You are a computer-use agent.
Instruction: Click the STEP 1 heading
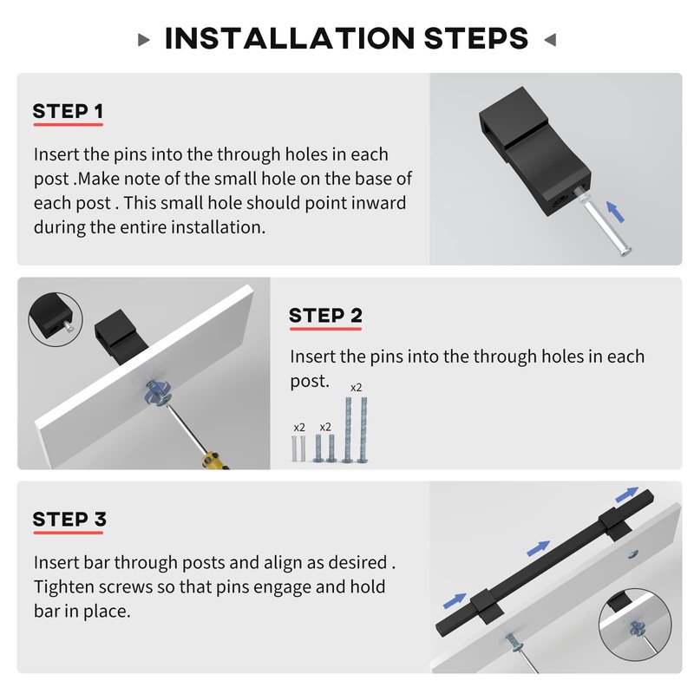(x=68, y=111)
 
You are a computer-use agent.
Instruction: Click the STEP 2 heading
(x=325, y=316)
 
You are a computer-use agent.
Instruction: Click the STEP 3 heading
(x=69, y=519)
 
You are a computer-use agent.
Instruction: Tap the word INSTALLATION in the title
(x=290, y=38)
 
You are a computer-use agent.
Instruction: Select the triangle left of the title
(x=143, y=40)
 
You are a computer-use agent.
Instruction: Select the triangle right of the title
(x=550, y=40)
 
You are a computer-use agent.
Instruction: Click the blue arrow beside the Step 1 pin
(x=615, y=212)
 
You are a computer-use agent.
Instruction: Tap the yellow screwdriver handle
(x=214, y=461)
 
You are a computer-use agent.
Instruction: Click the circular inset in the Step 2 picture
(x=56, y=319)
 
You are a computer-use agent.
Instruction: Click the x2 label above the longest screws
(x=356, y=388)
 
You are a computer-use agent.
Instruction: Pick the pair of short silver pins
(x=298, y=448)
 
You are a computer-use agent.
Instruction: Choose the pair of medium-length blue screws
(x=324, y=448)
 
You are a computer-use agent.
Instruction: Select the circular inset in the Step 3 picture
(x=635, y=625)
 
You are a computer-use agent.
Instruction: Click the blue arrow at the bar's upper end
(x=626, y=494)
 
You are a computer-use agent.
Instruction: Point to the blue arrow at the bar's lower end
(x=455, y=600)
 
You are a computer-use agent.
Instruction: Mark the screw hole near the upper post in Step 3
(x=633, y=553)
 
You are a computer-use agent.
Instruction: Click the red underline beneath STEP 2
(x=325, y=329)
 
